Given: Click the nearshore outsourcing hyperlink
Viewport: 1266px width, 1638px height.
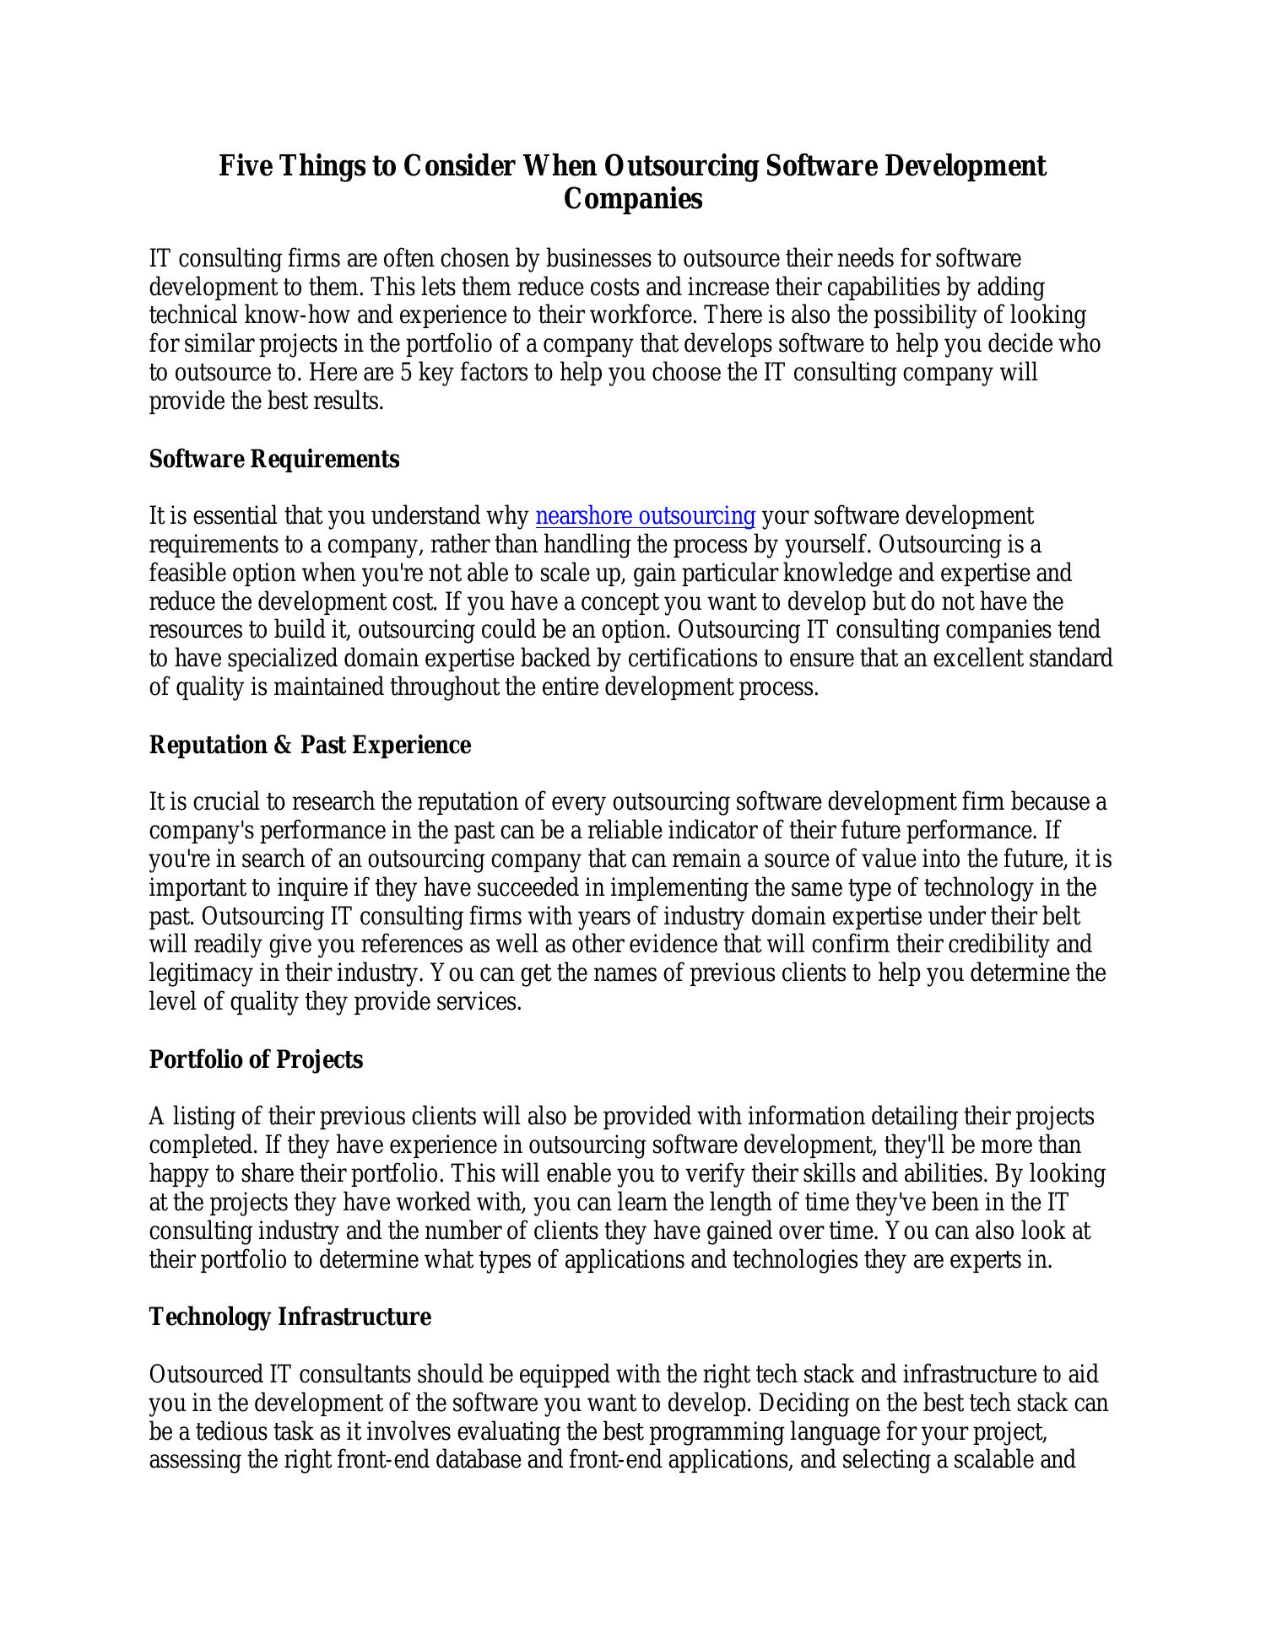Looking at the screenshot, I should (645, 515).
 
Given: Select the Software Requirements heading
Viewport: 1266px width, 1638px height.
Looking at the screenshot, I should (274, 459).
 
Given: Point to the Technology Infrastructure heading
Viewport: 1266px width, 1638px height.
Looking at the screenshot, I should (289, 1317).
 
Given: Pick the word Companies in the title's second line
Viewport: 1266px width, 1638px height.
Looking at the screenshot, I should (632, 199).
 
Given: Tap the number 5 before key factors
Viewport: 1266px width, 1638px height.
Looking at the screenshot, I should (405, 372).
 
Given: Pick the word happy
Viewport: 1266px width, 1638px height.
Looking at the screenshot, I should (176, 1173).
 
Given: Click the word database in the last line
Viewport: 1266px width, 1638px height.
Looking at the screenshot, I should (478, 1459).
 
